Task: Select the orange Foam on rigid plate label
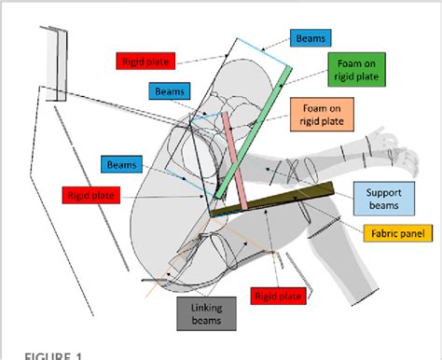click(323, 114)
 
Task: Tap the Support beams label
click(383, 198)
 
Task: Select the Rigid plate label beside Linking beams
click(279, 295)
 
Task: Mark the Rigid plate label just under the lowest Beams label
click(92, 196)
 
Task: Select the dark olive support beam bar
click(275, 201)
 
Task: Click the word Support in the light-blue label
click(383, 191)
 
